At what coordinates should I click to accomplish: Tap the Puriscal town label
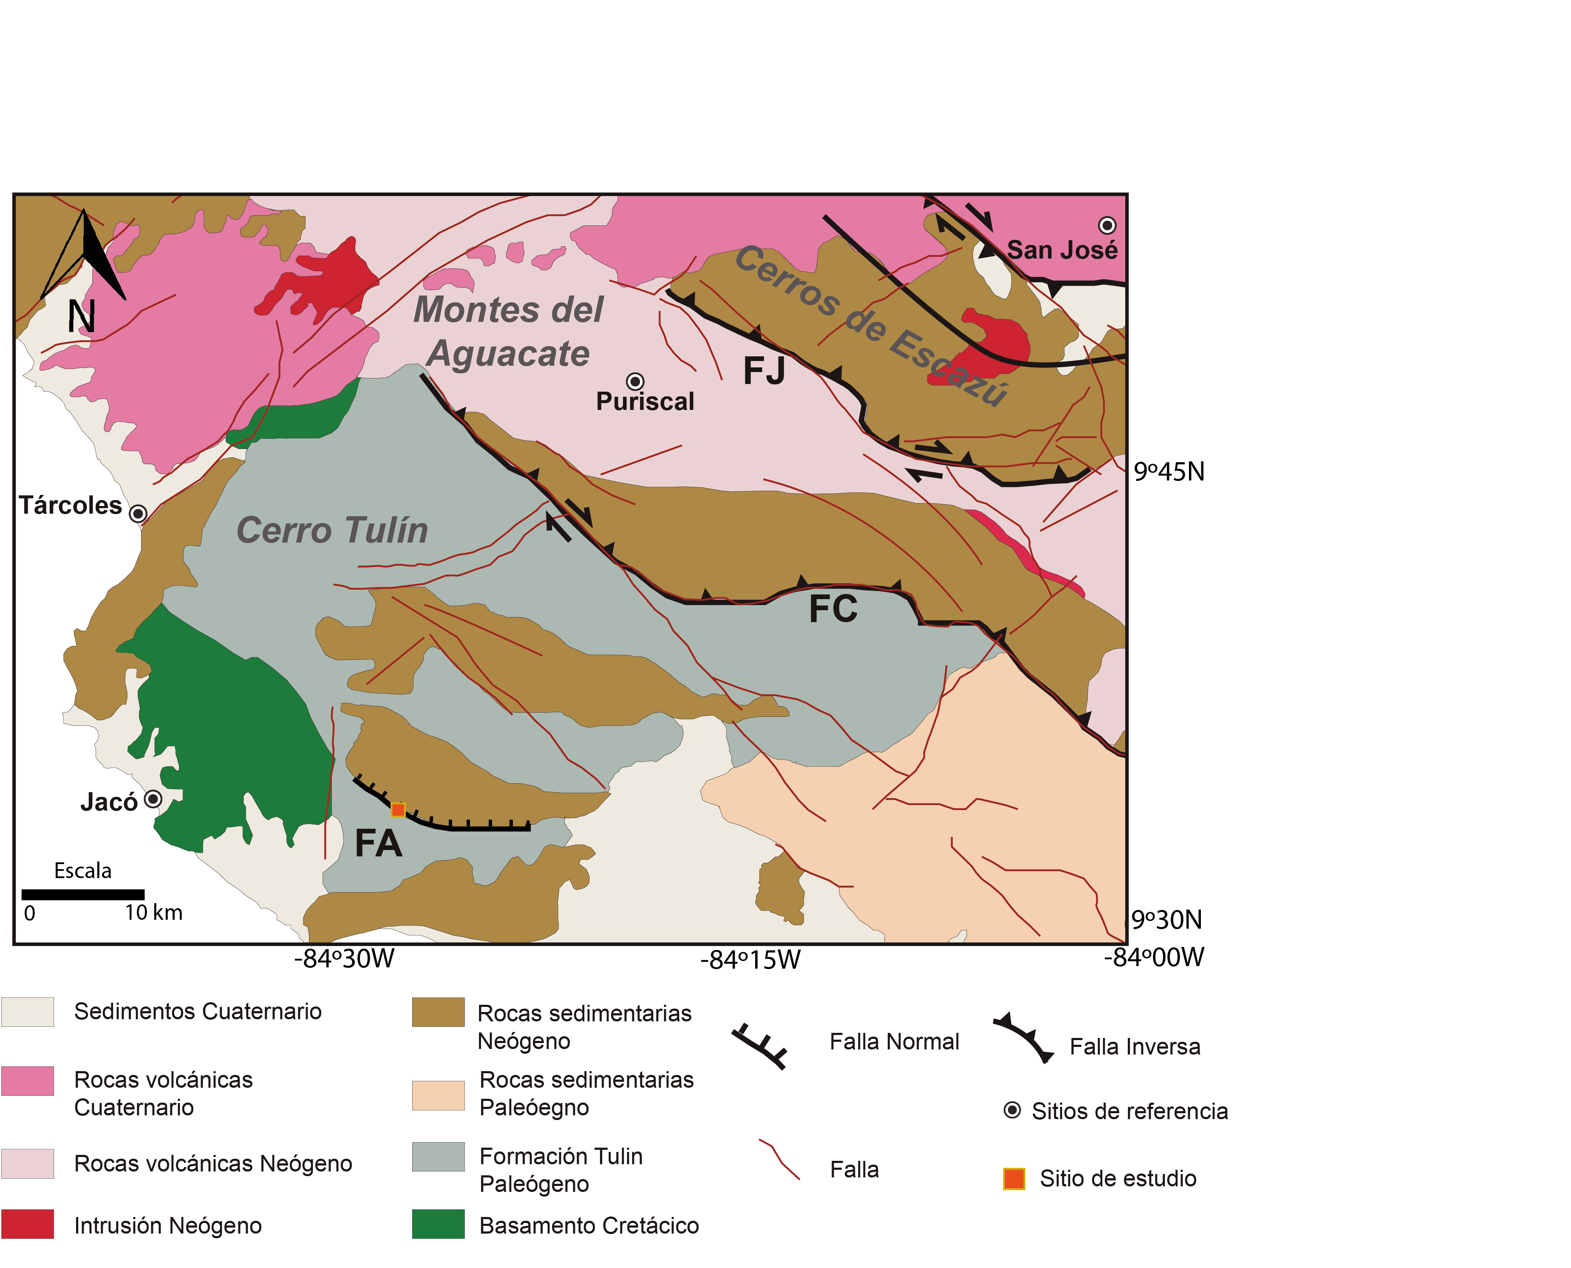pyautogui.click(x=645, y=401)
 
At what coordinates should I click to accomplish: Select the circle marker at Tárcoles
pyautogui.click(x=137, y=514)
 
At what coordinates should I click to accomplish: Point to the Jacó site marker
pyautogui.click(x=153, y=799)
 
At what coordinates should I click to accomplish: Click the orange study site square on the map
pyautogui.click(x=398, y=809)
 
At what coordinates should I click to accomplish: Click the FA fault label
pyautogui.click(x=378, y=844)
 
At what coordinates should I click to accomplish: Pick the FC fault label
pyautogui.click(x=833, y=608)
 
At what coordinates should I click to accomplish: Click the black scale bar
pyautogui.click(x=82, y=894)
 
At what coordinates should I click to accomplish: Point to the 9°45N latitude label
pyautogui.click(x=1168, y=472)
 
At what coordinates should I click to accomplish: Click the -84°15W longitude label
pyautogui.click(x=750, y=959)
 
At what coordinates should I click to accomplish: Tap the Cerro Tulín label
pyautogui.click(x=332, y=529)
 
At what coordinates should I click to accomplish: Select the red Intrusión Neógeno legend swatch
pyautogui.click(x=28, y=1224)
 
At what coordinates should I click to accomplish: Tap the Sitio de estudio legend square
pyautogui.click(x=1013, y=1178)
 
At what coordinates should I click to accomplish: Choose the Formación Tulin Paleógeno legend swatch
pyautogui.click(x=438, y=1156)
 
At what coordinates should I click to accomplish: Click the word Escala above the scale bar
pyautogui.click(x=82, y=871)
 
